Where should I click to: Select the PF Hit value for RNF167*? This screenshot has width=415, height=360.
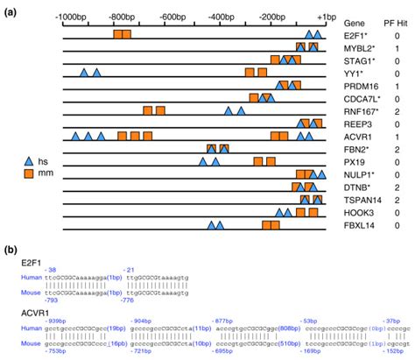[397, 111]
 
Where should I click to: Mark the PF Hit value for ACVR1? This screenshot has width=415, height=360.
[397, 137]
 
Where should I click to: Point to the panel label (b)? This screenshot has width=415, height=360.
[11, 250]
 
